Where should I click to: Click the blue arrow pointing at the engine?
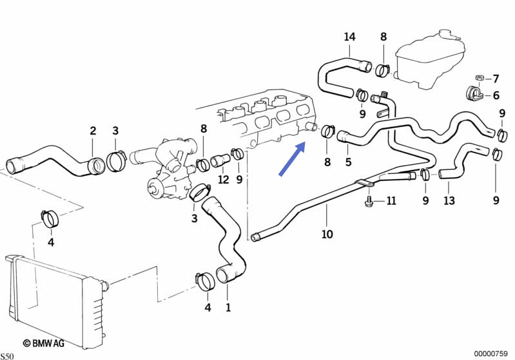[x=291, y=160]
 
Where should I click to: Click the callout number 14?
[x=349, y=37]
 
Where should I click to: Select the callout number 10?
[x=327, y=234]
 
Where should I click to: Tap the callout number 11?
[x=391, y=202]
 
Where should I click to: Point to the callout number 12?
[x=223, y=179]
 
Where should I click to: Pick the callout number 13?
[x=449, y=200]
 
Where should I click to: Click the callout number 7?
[x=496, y=79]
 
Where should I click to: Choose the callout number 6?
[x=496, y=96]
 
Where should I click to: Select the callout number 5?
[x=348, y=162]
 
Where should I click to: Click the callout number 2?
[x=93, y=131]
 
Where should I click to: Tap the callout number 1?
[x=228, y=307]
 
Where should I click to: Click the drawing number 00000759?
[x=493, y=353]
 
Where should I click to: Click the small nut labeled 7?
[x=479, y=79]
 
